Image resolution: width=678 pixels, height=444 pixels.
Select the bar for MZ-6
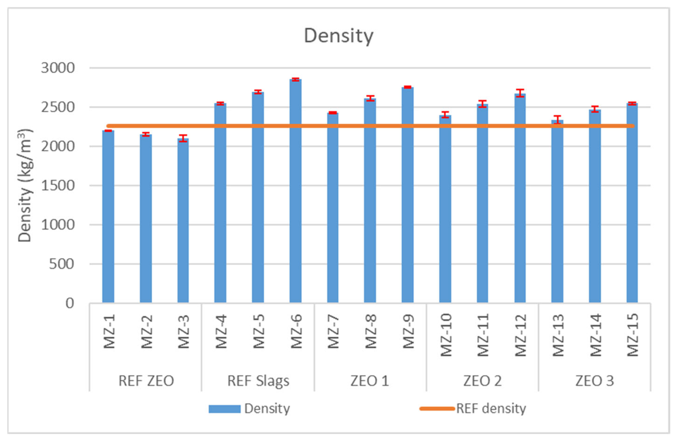296,191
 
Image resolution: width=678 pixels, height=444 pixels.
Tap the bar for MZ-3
183,220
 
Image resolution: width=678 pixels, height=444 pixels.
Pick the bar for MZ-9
407,195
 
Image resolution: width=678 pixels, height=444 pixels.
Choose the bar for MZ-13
557,211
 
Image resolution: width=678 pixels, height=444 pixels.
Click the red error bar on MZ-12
520,93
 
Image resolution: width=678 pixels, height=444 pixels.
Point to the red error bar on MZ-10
445,115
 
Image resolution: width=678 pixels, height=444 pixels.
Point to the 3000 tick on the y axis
58,68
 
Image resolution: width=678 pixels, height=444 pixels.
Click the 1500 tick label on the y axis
58,185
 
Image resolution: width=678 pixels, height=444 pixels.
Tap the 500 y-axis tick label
62,264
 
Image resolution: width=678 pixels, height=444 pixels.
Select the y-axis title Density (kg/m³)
25,185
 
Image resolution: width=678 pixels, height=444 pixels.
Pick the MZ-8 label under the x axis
371,332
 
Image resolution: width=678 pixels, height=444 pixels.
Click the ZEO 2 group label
482,381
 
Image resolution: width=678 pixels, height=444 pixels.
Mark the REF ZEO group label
146,381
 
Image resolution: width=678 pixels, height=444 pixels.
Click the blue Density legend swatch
224,409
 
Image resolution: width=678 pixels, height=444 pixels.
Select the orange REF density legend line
437,409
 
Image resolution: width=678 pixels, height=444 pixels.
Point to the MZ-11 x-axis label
483,335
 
